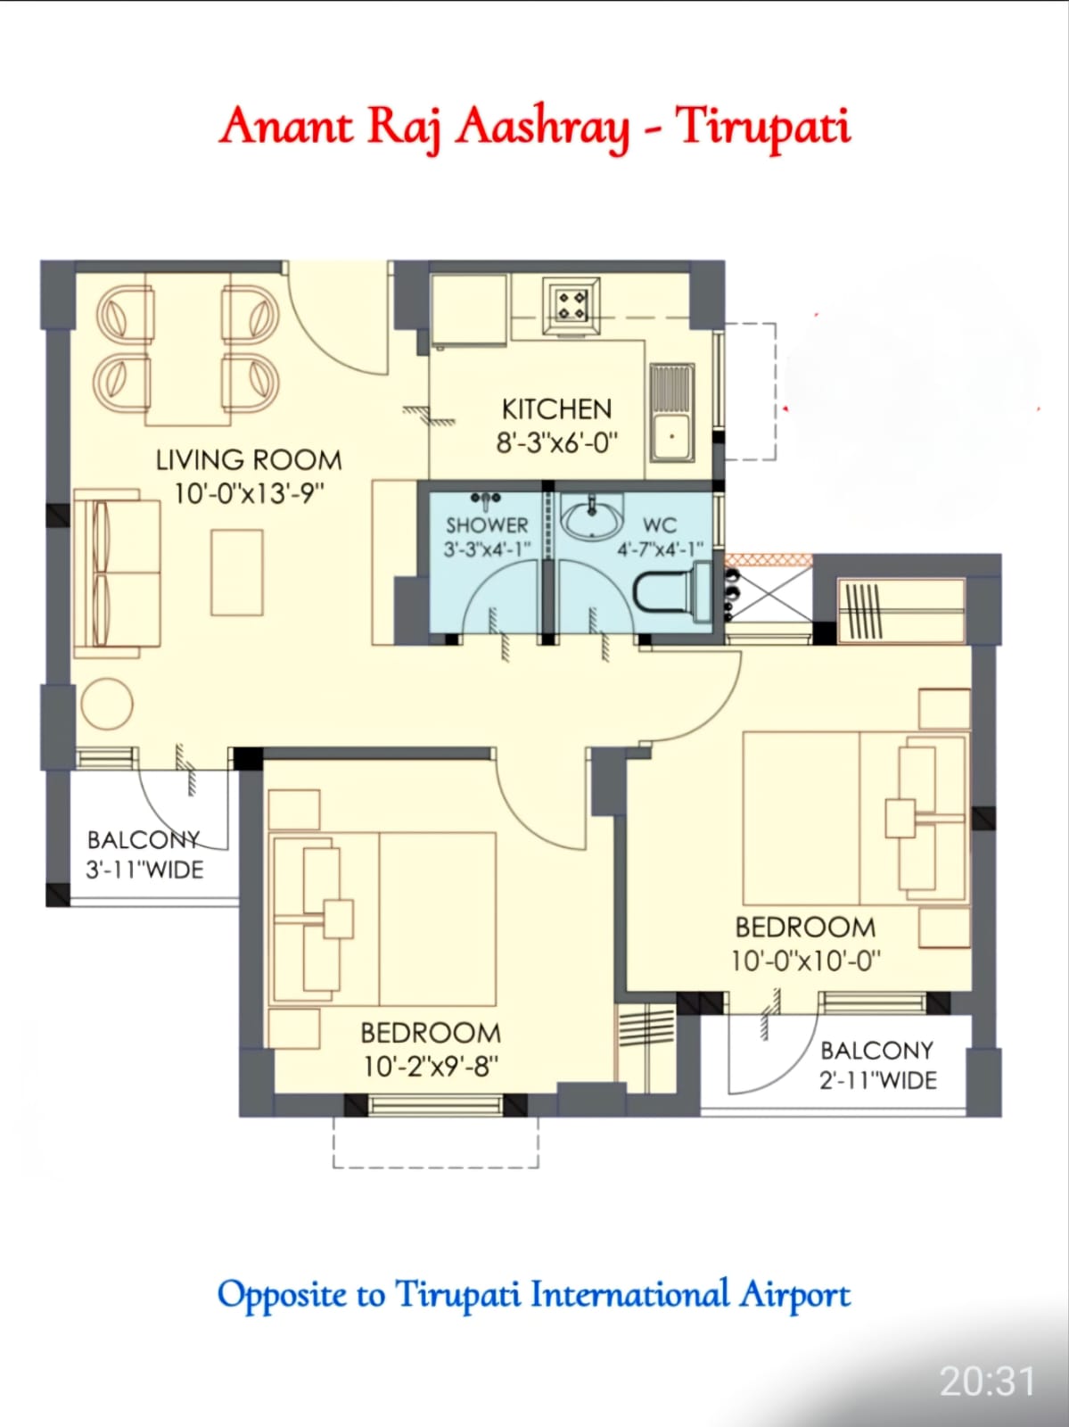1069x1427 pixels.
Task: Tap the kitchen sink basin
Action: [x=671, y=438]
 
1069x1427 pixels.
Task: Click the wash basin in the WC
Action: [x=591, y=518]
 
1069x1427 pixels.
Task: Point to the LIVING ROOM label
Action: [x=249, y=460]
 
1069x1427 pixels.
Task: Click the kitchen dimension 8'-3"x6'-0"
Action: [x=557, y=442]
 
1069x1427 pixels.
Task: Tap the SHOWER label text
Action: [x=487, y=525]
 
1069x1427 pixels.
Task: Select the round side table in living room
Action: [x=107, y=704]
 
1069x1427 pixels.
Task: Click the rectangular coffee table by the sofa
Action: [x=237, y=573]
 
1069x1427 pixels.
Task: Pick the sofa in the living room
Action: [x=116, y=573]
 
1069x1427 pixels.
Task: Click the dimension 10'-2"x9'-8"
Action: [x=431, y=1066]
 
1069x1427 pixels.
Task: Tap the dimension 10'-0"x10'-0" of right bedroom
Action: [x=805, y=961]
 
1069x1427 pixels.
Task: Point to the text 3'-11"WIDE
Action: [x=144, y=870]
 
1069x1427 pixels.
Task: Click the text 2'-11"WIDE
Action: [x=878, y=1080]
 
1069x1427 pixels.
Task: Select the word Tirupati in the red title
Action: [x=762, y=127]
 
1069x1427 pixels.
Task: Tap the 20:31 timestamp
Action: [x=987, y=1382]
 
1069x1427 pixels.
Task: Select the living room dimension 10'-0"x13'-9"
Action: [x=249, y=493]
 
